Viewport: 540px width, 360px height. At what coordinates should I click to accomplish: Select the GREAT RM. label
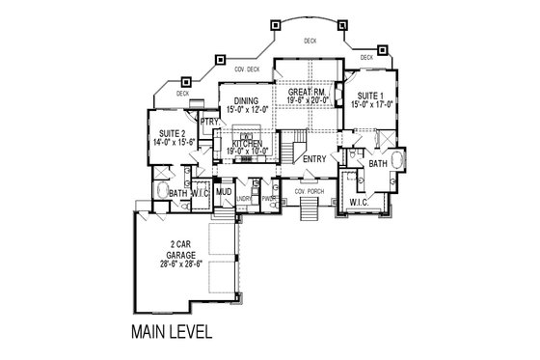pos(307,92)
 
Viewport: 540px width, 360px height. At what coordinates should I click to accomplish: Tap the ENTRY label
pos(314,158)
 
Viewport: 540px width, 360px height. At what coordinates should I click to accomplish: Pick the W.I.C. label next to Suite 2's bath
pos(201,193)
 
